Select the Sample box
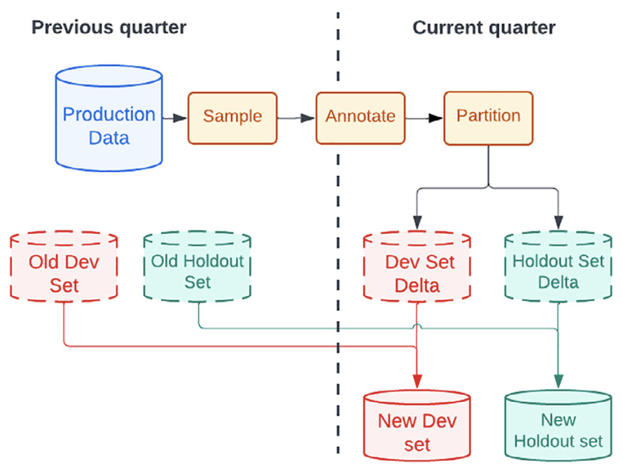[232, 117]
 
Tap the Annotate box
[360, 117]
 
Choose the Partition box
[488, 117]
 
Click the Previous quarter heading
[108, 28]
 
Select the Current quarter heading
[484, 28]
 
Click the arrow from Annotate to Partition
[425, 118]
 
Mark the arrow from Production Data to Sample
[175, 118]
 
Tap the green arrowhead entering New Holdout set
[558, 380]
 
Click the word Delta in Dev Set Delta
[417, 286]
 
